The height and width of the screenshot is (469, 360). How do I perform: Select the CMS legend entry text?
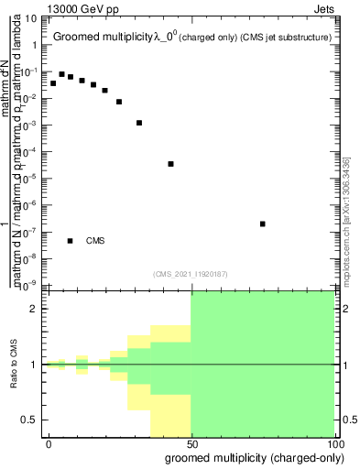(x=95, y=241)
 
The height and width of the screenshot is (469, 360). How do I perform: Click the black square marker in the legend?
(x=71, y=241)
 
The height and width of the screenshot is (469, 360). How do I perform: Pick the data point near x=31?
(x=139, y=123)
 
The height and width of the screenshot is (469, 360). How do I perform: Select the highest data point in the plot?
(x=61, y=74)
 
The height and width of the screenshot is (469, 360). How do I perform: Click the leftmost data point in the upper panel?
(x=53, y=83)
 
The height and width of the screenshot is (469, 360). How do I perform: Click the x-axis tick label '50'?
(x=191, y=443)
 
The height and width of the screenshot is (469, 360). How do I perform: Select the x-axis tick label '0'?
(x=49, y=443)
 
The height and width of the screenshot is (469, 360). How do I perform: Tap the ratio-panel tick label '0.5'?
(x=31, y=420)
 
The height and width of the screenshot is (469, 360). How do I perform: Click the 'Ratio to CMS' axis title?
(x=14, y=364)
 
